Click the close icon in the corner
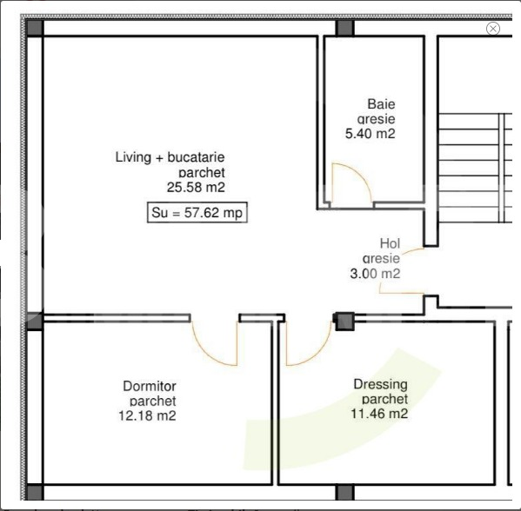(x=493, y=29)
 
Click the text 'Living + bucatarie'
(x=170, y=157)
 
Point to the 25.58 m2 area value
(x=196, y=186)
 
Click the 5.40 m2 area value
(x=371, y=134)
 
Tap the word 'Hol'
(x=390, y=243)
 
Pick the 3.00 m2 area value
(x=373, y=273)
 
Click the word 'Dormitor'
(x=150, y=385)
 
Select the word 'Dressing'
(x=380, y=384)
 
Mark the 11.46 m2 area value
(x=379, y=414)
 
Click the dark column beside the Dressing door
(x=344, y=322)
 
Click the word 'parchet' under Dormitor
(x=152, y=401)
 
